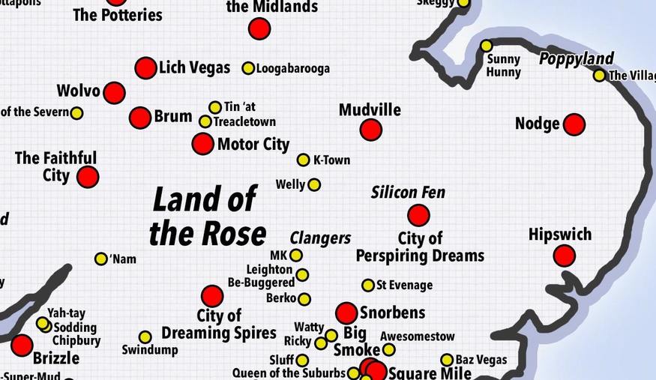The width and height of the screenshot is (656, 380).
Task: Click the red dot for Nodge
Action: (x=574, y=124)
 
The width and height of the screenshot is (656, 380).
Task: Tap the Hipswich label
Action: (x=559, y=235)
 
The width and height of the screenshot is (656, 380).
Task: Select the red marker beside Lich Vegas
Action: (x=145, y=68)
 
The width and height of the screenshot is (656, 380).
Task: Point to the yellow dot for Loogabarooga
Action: (x=248, y=68)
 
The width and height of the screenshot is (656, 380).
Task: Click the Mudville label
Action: (x=370, y=110)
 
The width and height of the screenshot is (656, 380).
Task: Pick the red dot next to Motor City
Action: (x=202, y=144)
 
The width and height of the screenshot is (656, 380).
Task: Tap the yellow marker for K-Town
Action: (x=303, y=160)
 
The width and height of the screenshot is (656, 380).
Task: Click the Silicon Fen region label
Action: (x=408, y=193)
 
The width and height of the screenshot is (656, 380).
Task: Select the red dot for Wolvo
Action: (x=114, y=93)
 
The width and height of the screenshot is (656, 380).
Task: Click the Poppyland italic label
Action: (x=576, y=59)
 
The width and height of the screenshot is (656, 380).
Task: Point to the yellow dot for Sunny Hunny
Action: (x=487, y=46)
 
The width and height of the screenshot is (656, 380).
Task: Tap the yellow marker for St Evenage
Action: (x=368, y=285)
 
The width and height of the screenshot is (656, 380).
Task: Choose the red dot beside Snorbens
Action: (x=346, y=313)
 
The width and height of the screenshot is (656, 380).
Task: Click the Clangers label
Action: (x=320, y=238)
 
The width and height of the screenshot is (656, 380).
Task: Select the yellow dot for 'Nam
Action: (x=101, y=259)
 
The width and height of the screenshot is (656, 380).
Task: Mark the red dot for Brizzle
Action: (x=22, y=346)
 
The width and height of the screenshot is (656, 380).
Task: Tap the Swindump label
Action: (x=150, y=350)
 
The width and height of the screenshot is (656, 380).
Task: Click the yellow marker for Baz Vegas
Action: (x=447, y=360)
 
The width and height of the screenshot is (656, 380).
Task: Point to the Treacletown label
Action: (x=244, y=121)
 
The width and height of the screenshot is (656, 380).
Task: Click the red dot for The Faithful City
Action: (x=88, y=178)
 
